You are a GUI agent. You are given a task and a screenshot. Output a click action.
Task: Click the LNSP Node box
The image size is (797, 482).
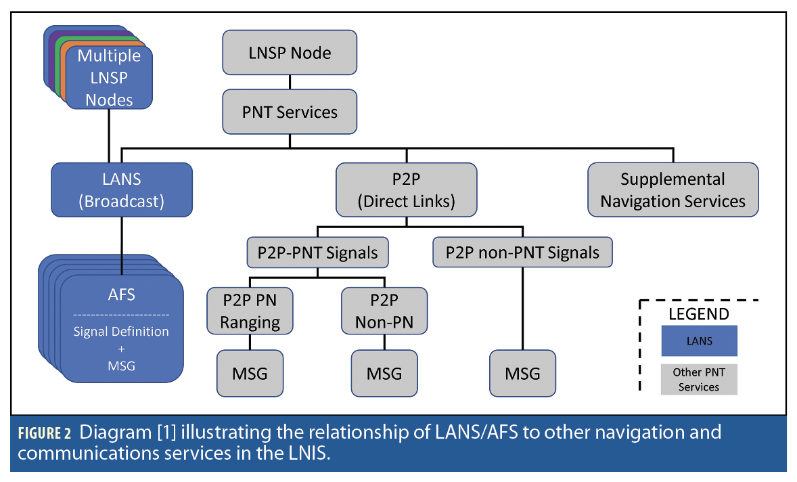coord(290,52)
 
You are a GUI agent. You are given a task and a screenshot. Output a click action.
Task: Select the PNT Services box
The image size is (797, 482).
coord(290,112)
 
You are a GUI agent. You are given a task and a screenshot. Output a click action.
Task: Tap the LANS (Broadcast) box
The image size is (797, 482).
coord(122,190)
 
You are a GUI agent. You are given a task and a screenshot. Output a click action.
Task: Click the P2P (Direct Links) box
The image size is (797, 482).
coord(406,190)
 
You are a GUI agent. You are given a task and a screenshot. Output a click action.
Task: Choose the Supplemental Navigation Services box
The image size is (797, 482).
coord(673,190)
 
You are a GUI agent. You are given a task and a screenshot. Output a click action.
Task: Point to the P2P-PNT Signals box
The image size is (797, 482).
coord(317,253)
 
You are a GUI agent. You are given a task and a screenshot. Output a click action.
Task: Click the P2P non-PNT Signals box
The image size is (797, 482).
coord(522,253)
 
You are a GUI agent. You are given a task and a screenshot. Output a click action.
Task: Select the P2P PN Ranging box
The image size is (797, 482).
coord(250,311)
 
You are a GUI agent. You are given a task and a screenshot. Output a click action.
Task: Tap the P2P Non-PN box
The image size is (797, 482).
coord(384,311)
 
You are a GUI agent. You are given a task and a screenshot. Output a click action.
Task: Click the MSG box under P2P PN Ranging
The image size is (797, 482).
coord(250,373)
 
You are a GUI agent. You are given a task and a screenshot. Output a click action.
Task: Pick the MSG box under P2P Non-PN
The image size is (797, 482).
coord(384,373)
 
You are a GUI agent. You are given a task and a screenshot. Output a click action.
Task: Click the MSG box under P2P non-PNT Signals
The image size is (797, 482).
coord(522,373)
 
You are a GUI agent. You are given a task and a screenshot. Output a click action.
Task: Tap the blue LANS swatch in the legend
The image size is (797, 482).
coord(699,341)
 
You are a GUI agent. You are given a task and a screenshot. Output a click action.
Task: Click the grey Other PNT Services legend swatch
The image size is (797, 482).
coord(699,379)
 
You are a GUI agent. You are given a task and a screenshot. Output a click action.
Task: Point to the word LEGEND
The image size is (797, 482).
coord(699,314)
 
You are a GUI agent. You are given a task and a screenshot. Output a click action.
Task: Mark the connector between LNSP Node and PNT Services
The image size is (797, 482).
coord(290,82)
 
